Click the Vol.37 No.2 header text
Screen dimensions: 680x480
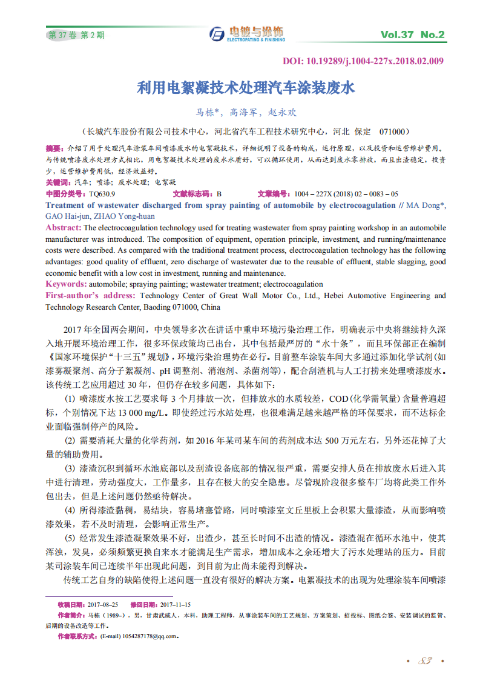[412, 35]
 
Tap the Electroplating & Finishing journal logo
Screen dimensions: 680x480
[247, 34]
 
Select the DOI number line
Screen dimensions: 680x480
[363, 61]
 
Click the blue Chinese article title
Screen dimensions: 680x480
[245, 88]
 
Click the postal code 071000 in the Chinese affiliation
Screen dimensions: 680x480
[394, 132]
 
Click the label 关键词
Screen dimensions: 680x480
[58, 182]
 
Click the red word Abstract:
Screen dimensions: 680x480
[64, 228]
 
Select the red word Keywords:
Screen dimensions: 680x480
[67, 284]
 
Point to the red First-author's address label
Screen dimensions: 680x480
[91, 296]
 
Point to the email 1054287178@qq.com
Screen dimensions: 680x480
[150, 636]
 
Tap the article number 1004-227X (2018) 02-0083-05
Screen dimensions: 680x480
[346, 194]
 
